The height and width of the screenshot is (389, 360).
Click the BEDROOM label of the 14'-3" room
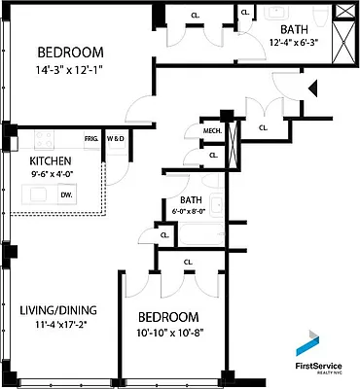pos(72,53)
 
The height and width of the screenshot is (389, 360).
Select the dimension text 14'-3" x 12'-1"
pos(73,69)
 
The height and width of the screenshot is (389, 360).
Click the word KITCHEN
pos(51,160)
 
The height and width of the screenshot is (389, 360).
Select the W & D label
pos(115,138)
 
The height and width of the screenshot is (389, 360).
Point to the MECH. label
pos(211,131)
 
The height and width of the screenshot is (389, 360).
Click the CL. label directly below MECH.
pos(213,154)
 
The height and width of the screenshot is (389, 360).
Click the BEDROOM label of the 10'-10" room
pos(167,318)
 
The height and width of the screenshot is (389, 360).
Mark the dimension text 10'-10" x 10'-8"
pos(168,335)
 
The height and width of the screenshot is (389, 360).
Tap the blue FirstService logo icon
pos(308,342)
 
